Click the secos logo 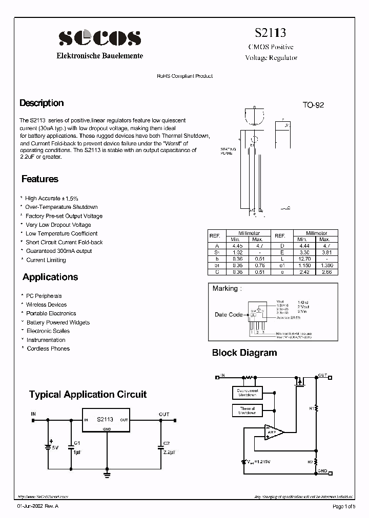click(x=99, y=37)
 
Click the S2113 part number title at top click(x=270, y=33)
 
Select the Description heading click(x=42, y=103)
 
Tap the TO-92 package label click(x=313, y=105)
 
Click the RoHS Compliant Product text click(x=184, y=76)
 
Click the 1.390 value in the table click(x=324, y=265)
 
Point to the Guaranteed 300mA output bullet click(x=58, y=251)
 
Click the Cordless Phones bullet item click(x=48, y=349)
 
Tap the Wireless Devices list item click(x=47, y=305)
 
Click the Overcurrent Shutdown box click(x=247, y=393)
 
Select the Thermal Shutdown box click(x=247, y=411)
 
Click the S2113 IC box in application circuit click(x=105, y=420)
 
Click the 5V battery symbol click(x=49, y=446)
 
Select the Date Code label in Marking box click(x=229, y=315)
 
